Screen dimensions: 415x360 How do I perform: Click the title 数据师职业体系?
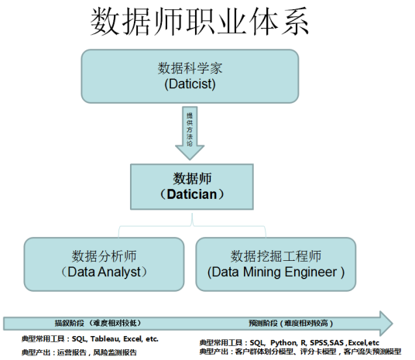(200, 21)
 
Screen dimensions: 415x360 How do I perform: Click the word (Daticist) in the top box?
(190, 84)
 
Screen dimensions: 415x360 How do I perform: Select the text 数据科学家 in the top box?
(190, 68)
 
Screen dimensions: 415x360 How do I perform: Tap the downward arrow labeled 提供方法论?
(190, 133)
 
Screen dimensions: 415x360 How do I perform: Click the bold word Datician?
(192, 194)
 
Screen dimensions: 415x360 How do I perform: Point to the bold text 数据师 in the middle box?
(192, 178)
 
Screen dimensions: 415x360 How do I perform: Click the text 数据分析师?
(104, 256)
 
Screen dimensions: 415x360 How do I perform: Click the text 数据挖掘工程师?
(276, 256)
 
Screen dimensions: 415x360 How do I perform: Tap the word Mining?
(262, 273)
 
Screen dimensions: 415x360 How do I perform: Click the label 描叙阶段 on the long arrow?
(70, 323)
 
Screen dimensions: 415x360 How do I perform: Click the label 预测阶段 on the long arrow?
(263, 323)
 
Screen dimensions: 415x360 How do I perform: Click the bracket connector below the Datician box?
(192, 226)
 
